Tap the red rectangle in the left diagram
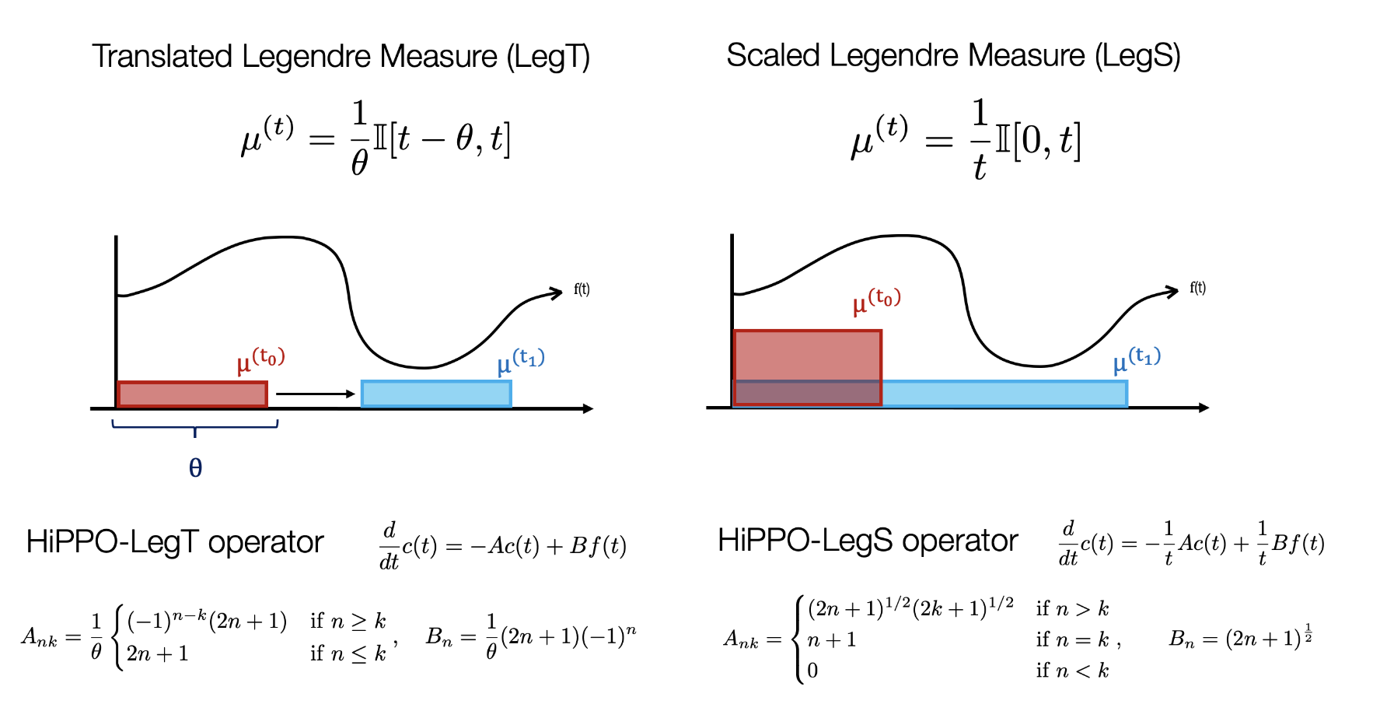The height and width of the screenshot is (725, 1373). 192,394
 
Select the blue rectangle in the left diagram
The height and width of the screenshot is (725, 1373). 436,394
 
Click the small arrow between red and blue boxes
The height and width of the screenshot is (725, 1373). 315,394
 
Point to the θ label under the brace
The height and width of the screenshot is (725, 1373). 196,468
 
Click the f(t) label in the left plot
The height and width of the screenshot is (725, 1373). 582,289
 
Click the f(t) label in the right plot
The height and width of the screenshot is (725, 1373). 1197,288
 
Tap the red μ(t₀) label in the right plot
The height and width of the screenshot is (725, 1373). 876,300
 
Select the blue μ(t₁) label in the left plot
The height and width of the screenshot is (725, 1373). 521,361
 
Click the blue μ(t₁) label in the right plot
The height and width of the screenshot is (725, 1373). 1137,359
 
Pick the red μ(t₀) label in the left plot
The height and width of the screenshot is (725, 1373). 261,360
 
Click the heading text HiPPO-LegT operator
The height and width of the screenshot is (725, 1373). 174,542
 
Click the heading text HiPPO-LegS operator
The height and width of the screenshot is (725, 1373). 867,541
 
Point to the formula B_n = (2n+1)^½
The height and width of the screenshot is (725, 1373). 1240,638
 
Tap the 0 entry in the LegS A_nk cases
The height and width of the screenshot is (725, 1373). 812,671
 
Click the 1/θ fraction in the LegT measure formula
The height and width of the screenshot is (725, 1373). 359,138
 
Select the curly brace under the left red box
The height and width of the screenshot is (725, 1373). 195,426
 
